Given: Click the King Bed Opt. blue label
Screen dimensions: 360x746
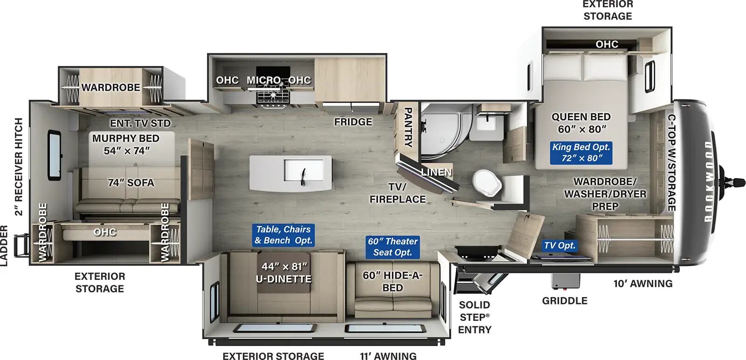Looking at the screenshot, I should [x=580, y=152].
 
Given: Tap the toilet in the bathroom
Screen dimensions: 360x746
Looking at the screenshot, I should [x=487, y=182].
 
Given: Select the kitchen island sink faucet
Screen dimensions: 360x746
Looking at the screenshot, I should [x=303, y=175].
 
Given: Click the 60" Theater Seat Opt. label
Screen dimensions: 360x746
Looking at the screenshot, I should [x=393, y=247].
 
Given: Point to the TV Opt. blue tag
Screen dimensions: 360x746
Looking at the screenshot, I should [x=559, y=245].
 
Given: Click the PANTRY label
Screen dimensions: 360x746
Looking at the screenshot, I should [x=407, y=127].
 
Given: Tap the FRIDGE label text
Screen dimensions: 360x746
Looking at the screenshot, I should [x=353, y=122].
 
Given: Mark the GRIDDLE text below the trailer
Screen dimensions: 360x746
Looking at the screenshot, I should [x=564, y=301].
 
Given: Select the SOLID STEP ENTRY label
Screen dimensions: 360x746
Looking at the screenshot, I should [x=474, y=317].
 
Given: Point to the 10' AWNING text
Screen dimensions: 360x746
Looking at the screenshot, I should [x=642, y=284].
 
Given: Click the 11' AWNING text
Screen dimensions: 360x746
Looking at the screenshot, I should [x=388, y=356].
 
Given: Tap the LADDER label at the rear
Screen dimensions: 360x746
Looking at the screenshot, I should [x=4, y=245].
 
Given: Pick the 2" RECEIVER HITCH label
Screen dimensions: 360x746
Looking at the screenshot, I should [x=19, y=166].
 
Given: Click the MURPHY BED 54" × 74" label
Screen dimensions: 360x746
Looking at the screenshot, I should [x=126, y=144].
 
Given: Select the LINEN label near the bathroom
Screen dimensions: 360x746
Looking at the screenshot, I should [x=436, y=172].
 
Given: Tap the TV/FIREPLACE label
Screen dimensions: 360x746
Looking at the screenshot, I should [x=397, y=193].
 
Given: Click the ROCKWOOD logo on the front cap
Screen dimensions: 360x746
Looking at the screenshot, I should [x=708, y=182].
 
